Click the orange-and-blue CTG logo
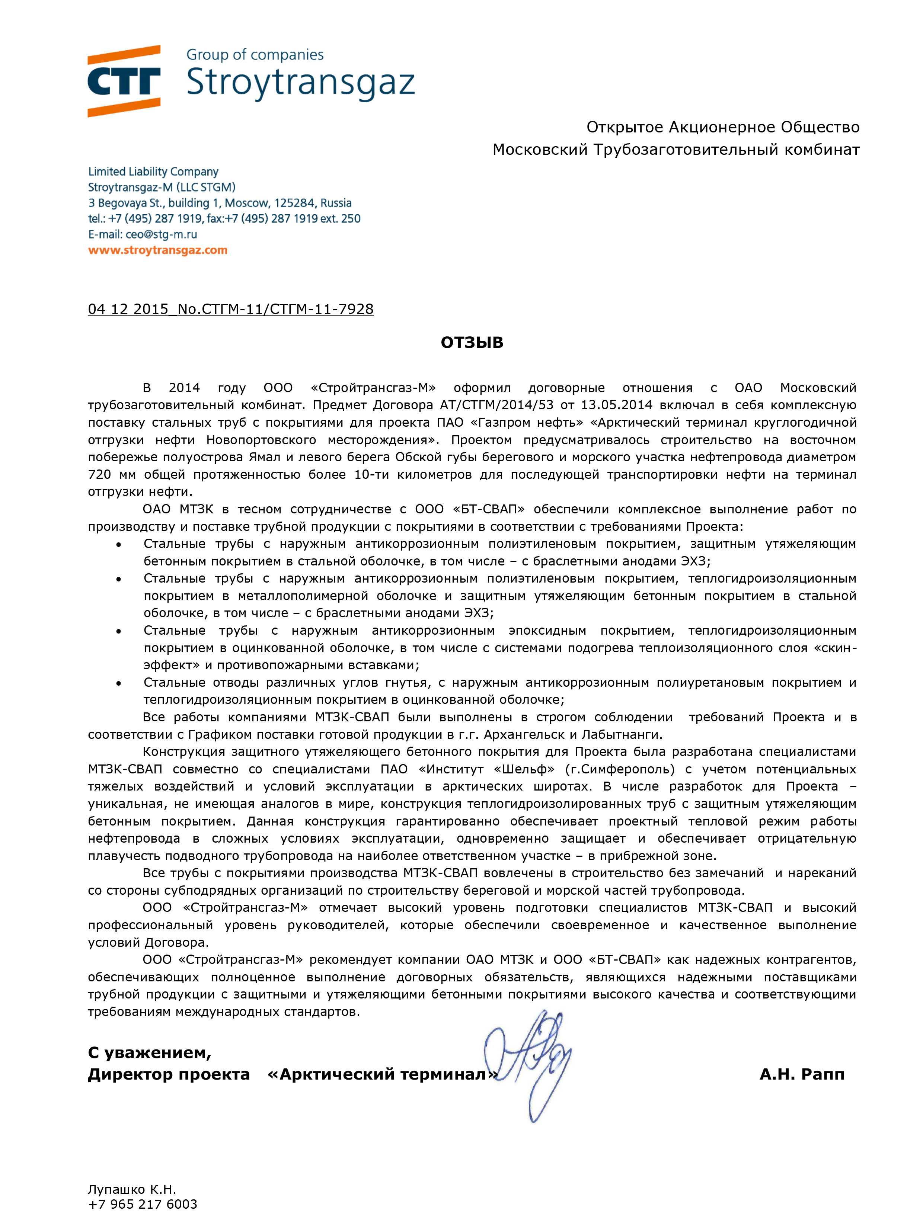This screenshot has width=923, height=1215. coord(124,81)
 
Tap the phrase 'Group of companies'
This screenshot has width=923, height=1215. coord(255,55)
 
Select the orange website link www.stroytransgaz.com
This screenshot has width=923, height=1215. coord(158,250)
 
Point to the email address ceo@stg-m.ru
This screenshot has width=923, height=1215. coord(161,234)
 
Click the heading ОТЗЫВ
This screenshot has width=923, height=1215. coord(472,343)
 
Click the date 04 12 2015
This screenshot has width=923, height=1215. coord(128,309)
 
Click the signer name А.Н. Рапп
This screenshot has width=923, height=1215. coord(802,1074)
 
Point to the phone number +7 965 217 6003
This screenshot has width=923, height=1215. coord(142,1204)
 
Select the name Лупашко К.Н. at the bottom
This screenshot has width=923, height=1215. coord(132,1189)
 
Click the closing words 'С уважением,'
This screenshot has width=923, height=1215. coord(150,1052)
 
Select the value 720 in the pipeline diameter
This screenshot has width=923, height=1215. coord(99,475)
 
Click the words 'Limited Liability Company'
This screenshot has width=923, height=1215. coord(153,172)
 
